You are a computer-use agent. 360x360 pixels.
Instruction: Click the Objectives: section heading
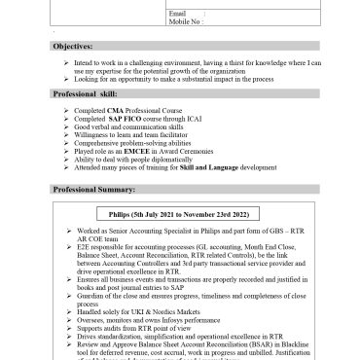pos(73,46)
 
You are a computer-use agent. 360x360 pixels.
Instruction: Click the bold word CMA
pos(133,112)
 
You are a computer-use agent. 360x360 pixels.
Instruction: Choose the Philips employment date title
pos(180,213)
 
